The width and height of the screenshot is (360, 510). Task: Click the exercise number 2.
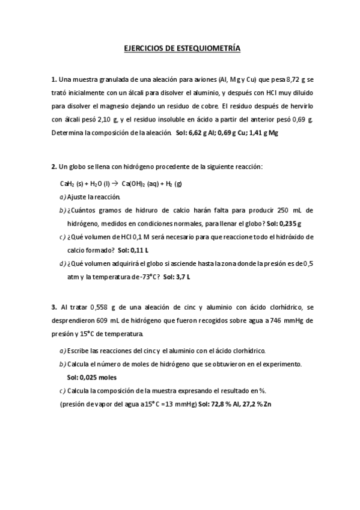click(x=53, y=167)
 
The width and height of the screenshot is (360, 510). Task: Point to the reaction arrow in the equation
click(x=115, y=183)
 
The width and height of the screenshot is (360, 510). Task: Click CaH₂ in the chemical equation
click(x=66, y=183)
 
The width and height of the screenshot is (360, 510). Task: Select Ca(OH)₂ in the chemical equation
click(x=136, y=183)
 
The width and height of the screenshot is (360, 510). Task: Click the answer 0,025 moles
click(x=91, y=377)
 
